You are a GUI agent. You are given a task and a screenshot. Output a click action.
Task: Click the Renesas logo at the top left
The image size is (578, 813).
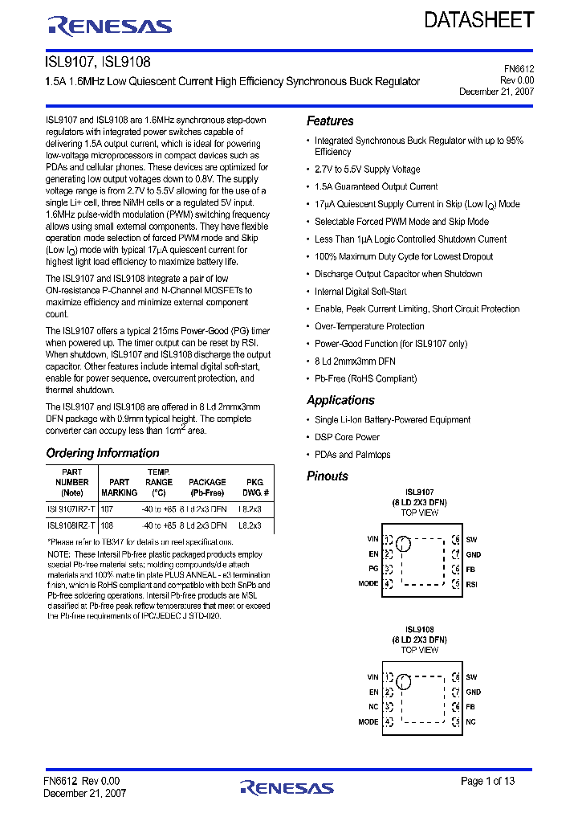(x=110, y=27)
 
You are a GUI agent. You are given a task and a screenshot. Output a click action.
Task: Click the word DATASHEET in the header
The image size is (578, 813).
(x=478, y=21)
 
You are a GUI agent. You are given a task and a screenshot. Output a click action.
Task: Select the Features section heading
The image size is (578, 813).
(x=330, y=121)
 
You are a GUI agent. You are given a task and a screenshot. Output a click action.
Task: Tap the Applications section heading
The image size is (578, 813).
(x=340, y=400)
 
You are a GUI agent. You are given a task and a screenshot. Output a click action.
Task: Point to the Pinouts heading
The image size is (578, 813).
(x=328, y=476)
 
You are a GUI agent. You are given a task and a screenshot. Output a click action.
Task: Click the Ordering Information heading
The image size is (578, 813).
(x=103, y=453)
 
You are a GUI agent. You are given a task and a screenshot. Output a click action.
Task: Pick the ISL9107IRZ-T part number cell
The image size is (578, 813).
(x=71, y=509)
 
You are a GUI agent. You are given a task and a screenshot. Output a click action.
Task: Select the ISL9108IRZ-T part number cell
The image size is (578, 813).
(x=71, y=525)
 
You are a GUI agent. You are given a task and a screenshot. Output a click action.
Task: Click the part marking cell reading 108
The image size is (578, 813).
(x=107, y=525)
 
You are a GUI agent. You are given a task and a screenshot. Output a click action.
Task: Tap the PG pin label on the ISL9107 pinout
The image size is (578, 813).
(x=373, y=569)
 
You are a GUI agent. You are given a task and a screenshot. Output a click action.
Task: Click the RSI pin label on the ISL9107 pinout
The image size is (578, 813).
(x=471, y=584)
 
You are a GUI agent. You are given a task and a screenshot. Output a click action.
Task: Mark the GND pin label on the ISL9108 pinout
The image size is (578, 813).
(x=473, y=692)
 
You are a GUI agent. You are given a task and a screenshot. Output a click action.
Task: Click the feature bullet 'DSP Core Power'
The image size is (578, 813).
(x=347, y=437)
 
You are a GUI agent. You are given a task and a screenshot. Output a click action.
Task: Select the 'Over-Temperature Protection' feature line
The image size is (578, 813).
(x=369, y=326)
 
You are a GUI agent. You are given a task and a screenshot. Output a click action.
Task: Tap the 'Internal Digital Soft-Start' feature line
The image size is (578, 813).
(x=360, y=292)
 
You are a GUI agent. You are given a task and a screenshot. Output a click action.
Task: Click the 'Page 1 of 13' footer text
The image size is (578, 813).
(x=488, y=781)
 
